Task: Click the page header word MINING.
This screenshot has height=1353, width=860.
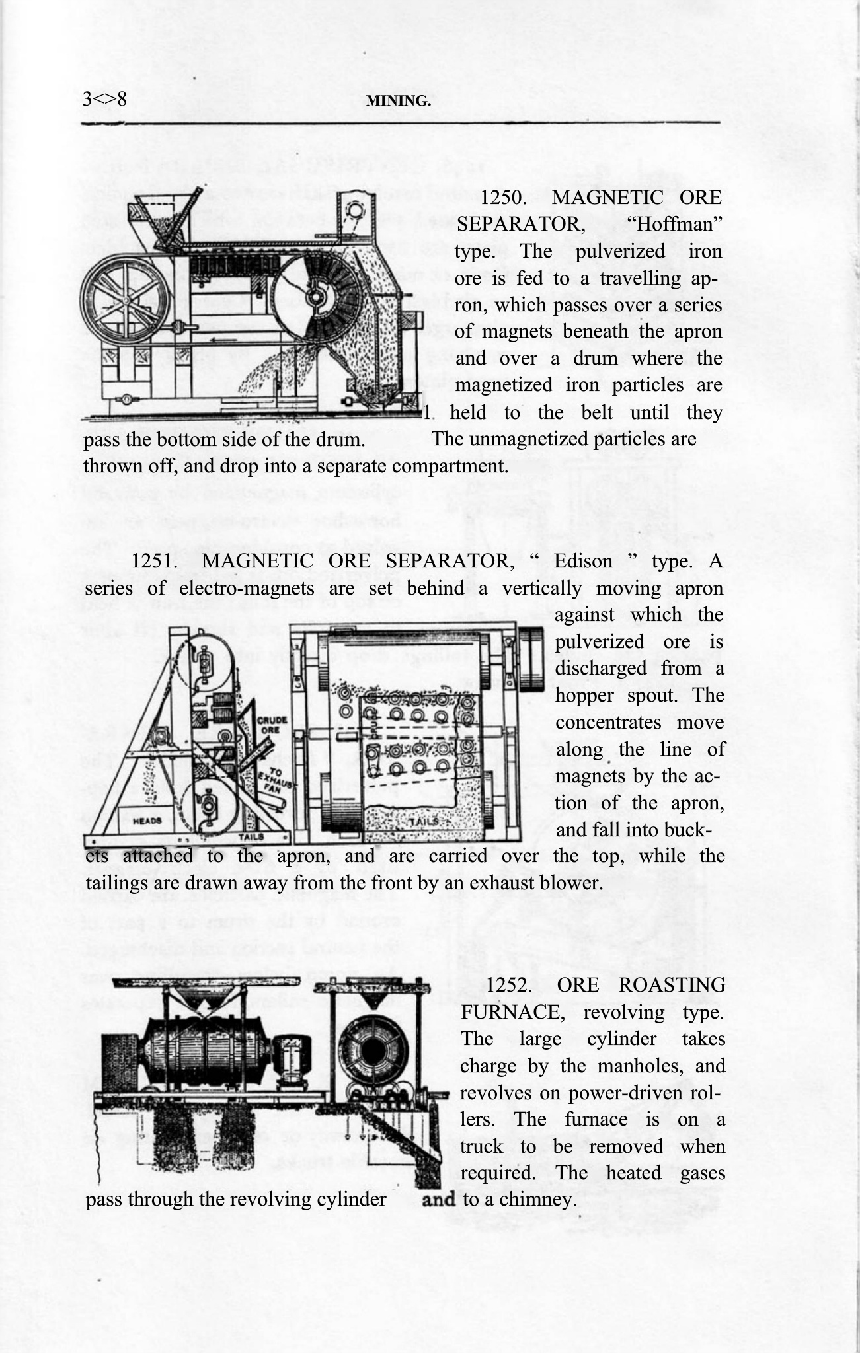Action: [398, 101]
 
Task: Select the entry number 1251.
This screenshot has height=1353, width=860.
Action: [154, 561]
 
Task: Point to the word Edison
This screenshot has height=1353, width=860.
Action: [583, 561]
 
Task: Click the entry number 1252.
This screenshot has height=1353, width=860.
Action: [510, 985]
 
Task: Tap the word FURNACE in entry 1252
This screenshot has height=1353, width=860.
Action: [505, 1011]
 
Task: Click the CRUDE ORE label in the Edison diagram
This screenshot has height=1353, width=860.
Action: [271, 725]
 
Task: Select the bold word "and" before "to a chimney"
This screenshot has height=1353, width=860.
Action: [439, 1198]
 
